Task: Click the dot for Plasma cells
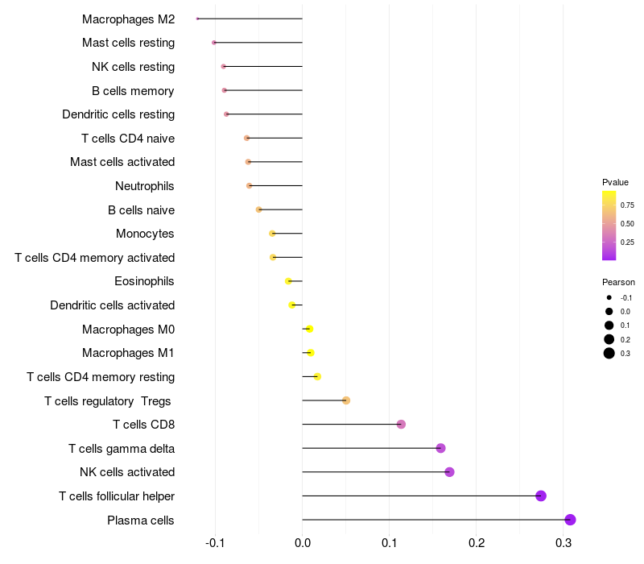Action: tap(570, 520)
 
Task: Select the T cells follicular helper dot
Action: tap(541, 496)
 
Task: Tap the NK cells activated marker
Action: tap(449, 472)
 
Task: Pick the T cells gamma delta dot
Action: tap(440, 448)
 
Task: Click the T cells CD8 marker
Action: tap(401, 425)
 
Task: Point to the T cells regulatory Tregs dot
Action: tap(346, 400)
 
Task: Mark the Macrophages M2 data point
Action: tap(197, 19)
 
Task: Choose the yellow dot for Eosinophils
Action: tap(288, 281)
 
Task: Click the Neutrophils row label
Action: tap(145, 186)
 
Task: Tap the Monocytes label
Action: tap(145, 234)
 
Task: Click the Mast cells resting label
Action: tap(128, 43)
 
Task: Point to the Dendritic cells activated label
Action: tap(112, 305)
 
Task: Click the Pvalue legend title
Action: tap(615, 182)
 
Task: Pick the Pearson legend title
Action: tap(618, 282)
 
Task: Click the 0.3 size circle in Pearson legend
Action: tap(609, 353)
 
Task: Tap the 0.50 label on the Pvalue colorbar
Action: tap(627, 223)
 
